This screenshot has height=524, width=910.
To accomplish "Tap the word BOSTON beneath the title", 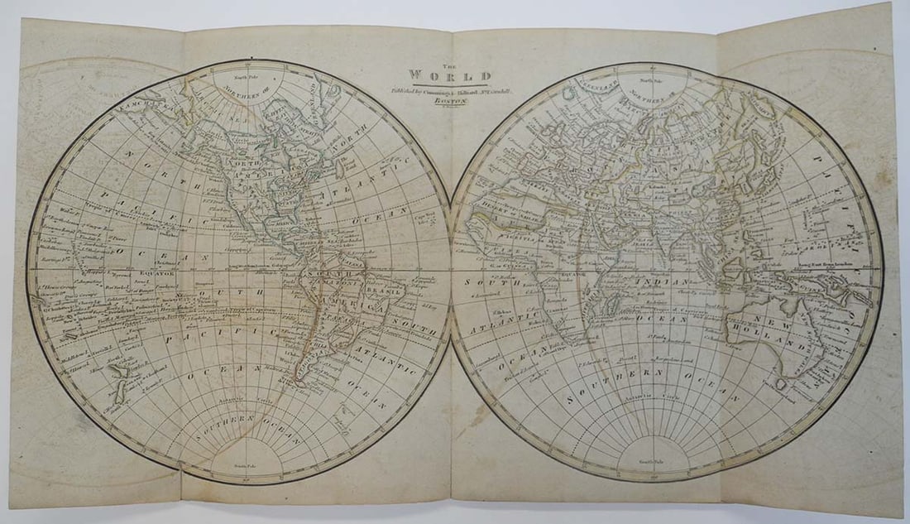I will point(450,102).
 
